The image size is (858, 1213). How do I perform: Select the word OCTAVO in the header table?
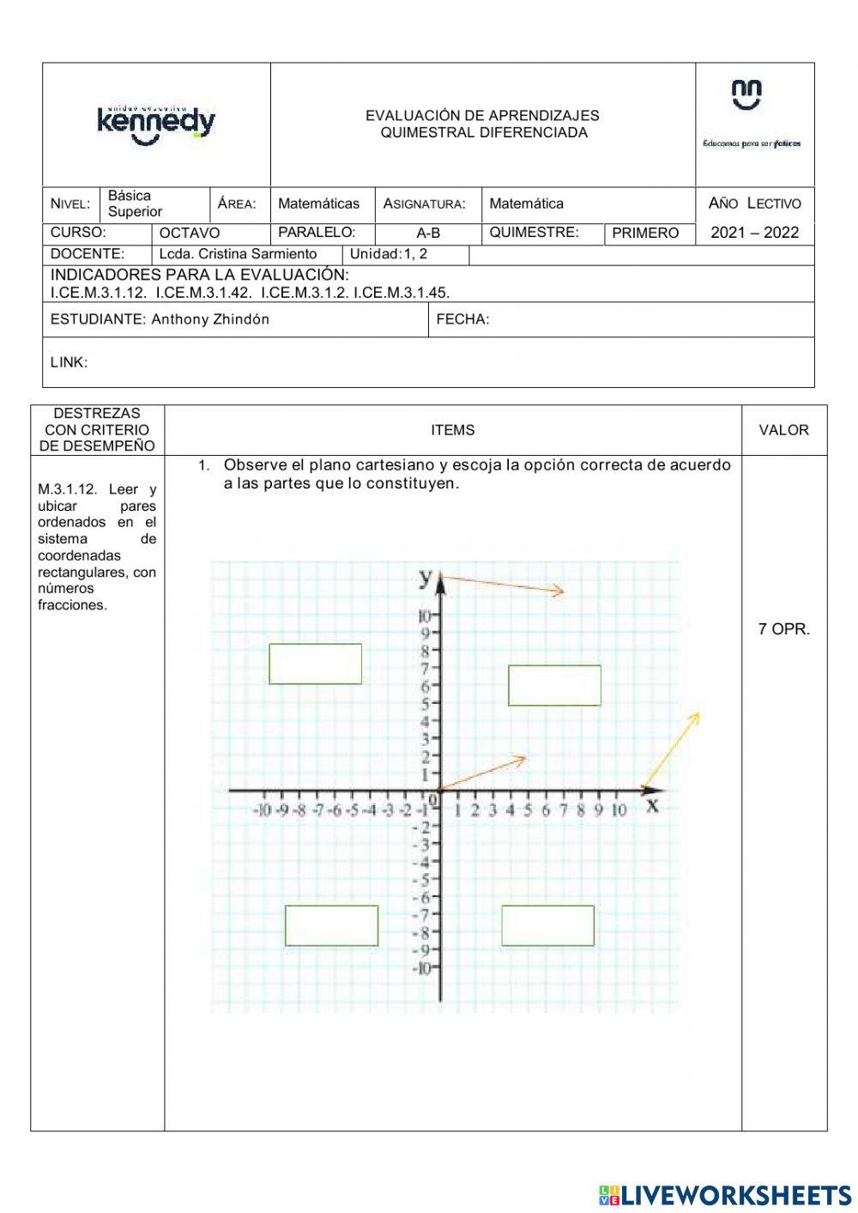[x=190, y=233]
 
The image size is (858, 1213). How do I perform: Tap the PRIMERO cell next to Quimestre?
[x=645, y=233]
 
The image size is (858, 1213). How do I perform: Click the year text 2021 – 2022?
[x=754, y=233]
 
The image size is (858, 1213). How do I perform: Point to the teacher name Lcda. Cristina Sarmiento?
[x=238, y=254]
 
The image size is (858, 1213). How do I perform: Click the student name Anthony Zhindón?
[x=210, y=319]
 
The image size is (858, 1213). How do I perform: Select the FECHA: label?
[x=462, y=319]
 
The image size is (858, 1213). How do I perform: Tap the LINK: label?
[x=69, y=362]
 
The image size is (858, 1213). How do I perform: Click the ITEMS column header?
[x=453, y=430]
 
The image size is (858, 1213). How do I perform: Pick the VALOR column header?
[x=783, y=430]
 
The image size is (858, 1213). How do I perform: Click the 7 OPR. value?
[x=783, y=629]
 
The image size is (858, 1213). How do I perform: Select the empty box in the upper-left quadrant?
[x=315, y=664]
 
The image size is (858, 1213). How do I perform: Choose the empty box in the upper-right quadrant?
[x=554, y=685]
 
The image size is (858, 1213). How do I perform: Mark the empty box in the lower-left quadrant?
[x=331, y=925]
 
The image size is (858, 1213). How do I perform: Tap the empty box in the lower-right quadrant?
[x=547, y=925]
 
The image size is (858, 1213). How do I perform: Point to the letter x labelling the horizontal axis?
[x=652, y=804]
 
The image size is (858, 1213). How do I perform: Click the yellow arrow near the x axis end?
[x=672, y=749]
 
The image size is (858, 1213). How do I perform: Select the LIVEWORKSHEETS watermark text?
[x=736, y=1194]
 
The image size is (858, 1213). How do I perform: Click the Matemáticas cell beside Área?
[x=318, y=203]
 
